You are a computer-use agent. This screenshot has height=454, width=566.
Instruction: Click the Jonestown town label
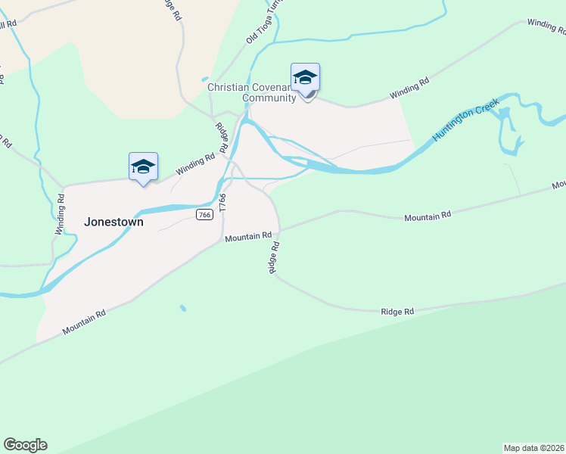114,222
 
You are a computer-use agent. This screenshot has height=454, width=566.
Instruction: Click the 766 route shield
204,215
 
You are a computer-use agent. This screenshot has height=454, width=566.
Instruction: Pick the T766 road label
222,202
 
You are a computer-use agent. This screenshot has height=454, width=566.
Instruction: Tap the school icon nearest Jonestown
142,166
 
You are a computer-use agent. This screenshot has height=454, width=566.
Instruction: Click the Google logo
25,445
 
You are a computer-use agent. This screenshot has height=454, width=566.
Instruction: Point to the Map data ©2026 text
534,448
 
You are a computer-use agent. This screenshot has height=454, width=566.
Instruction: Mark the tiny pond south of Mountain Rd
182,308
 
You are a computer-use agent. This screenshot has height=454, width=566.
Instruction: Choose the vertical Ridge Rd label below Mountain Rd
275,258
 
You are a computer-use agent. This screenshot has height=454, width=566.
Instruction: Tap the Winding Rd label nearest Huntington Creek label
409,88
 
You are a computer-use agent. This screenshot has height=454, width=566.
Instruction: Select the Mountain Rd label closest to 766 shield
247,238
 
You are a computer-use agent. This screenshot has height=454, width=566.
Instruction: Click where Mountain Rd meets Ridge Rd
280,230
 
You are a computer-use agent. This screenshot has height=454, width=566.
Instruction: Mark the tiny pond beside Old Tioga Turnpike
204,79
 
